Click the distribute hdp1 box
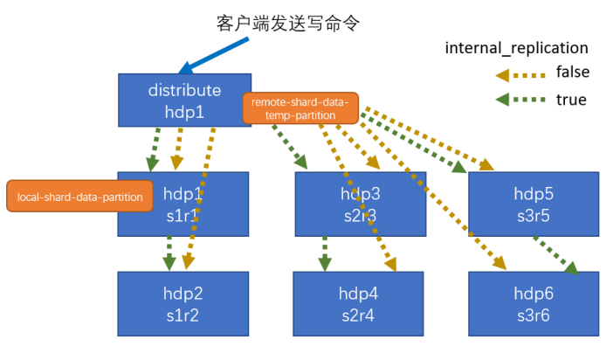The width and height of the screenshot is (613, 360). [184, 100]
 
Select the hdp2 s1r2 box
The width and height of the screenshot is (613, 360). [183, 304]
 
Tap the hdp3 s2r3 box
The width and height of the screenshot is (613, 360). [361, 204]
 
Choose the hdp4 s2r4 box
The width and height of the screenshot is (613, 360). [358, 304]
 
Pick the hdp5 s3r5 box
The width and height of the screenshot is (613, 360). [534, 204]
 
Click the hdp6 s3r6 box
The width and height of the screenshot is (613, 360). [534, 304]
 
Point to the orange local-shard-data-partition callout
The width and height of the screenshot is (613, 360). [79, 196]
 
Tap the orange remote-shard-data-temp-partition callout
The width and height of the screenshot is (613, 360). [300, 108]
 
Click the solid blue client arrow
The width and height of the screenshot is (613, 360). [213, 56]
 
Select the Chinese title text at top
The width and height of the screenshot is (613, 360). [288, 23]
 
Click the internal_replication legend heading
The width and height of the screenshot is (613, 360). [516, 48]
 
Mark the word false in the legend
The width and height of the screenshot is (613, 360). [573, 72]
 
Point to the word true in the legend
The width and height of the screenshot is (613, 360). [571, 100]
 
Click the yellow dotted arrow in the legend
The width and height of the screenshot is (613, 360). [520, 75]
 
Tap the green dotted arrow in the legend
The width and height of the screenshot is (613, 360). [520, 100]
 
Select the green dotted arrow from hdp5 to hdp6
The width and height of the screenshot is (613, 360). [556, 255]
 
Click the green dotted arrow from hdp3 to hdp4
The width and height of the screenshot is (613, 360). [325, 253]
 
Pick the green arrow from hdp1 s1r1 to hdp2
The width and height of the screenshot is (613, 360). [169, 253]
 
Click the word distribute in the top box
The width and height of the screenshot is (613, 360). [184, 90]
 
